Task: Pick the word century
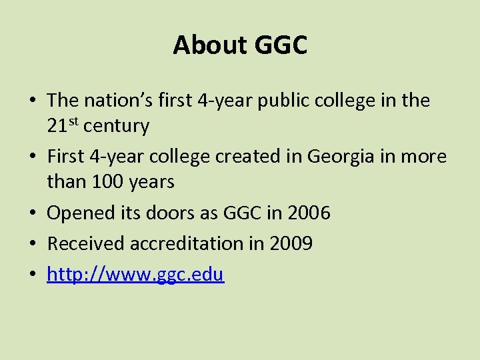click(117, 125)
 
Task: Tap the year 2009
click(291, 244)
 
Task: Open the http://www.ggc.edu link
click(135, 275)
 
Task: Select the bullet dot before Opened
click(32, 214)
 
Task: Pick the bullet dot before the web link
click(32, 275)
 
